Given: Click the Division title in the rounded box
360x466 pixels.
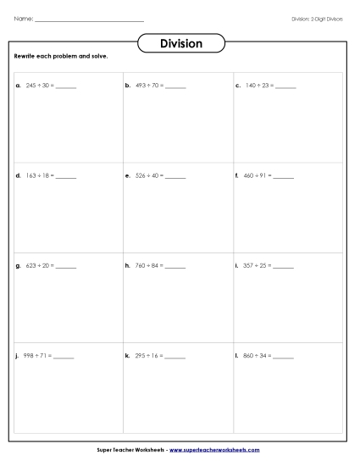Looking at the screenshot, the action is pos(180,44).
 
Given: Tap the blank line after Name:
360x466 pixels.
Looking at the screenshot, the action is pos(91,19).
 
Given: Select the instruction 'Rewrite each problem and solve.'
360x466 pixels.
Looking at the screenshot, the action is pos(61,57).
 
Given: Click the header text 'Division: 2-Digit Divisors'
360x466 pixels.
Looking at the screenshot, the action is pos(317,18).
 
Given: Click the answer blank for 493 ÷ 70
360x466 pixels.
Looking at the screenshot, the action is pos(175,87).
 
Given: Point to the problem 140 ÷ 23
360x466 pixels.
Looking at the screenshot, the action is pos(258,86).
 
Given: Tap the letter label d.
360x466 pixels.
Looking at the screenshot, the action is pos(18,175).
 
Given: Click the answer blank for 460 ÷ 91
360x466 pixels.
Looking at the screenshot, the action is pos(285,176).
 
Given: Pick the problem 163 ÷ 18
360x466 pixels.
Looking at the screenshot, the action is pos(39,175).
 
